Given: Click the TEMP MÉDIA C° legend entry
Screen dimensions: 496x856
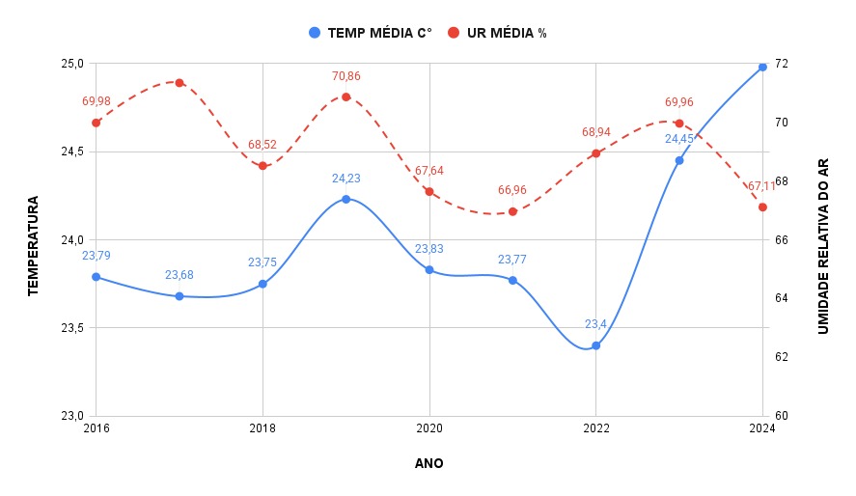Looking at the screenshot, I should tap(371, 33).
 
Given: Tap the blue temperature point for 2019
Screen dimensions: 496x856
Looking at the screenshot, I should tap(345, 199).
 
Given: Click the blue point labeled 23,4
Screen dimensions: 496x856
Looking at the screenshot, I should tap(596, 345).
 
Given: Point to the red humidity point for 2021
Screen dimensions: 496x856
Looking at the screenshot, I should tap(512, 211).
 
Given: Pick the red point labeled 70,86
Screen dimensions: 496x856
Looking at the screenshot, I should tap(345, 96).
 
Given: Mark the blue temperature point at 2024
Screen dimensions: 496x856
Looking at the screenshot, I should tap(762, 67).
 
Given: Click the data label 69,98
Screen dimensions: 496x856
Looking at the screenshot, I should tap(97, 101).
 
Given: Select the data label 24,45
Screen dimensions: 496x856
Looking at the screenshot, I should tap(679, 139).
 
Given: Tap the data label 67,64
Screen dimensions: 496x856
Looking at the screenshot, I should tap(429, 171).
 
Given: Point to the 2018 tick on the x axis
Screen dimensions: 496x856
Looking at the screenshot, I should tap(262, 427).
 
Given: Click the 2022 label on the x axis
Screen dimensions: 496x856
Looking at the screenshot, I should tap(596, 427).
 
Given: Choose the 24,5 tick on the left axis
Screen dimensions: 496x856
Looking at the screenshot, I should tap(72, 152).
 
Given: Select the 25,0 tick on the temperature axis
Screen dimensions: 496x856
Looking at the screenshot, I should tap(72, 64).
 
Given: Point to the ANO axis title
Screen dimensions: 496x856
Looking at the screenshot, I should tap(429, 463).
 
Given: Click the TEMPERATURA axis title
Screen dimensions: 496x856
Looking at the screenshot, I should tap(33, 246).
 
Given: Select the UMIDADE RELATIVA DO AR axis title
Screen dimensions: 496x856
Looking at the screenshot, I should tap(823, 246).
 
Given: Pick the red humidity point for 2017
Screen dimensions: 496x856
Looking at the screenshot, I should tap(179, 82).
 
